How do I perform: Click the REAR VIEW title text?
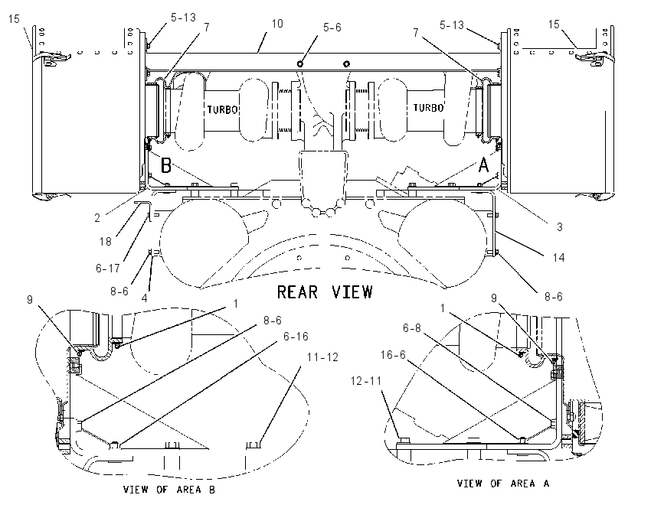pyautogui.click(x=325, y=292)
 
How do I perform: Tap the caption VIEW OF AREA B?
pyautogui.click(x=169, y=490)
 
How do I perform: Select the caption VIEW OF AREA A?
pyautogui.click(x=503, y=483)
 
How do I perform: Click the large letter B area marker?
pyautogui.click(x=166, y=165)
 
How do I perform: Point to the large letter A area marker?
pyautogui.click(x=484, y=164)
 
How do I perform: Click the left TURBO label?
pyautogui.click(x=223, y=109)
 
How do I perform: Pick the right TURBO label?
pyautogui.click(x=428, y=108)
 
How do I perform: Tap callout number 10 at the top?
pyautogui.click(x=277, y=24)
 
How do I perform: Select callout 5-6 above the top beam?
pyautogui.click(x=332, y=28)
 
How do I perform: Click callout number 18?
pyautogui.click(x=106, y=241)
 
